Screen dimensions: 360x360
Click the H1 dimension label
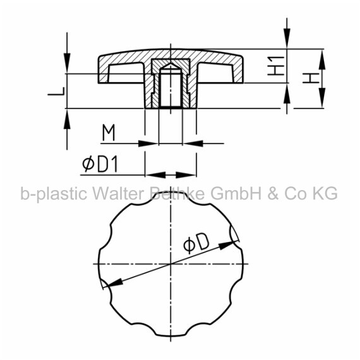pos(276,66)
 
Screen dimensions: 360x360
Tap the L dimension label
pos(56,91)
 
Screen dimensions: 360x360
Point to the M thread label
pos(109,133)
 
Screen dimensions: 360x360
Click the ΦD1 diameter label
pos(100,164)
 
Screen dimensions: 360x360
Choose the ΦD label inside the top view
pos(196,243)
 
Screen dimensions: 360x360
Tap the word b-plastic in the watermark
pos(54,194)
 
